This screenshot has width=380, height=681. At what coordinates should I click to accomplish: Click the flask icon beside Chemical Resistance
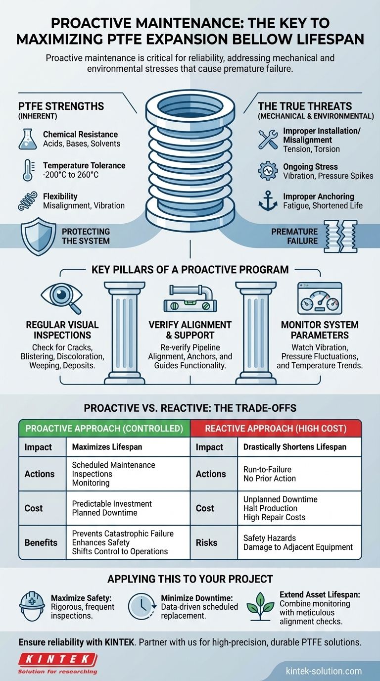pos(27,139)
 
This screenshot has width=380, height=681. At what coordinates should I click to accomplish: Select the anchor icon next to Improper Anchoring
pos(268,201)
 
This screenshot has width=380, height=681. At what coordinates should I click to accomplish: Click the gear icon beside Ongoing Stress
pos(268,171)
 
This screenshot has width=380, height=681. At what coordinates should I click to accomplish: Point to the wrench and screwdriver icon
pos(268,139)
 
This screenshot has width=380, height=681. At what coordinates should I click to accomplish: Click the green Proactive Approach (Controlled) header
pos(104,428)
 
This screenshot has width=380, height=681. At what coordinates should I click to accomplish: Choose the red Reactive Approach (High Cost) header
pos(276,428)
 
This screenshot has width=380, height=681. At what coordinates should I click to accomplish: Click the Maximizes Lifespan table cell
pos(107,447)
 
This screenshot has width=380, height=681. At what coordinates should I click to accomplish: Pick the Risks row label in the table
pos(206,542)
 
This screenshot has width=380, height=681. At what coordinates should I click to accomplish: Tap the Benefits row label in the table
pos(42,542)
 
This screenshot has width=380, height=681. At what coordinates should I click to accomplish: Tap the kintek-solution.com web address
pos(324,671)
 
